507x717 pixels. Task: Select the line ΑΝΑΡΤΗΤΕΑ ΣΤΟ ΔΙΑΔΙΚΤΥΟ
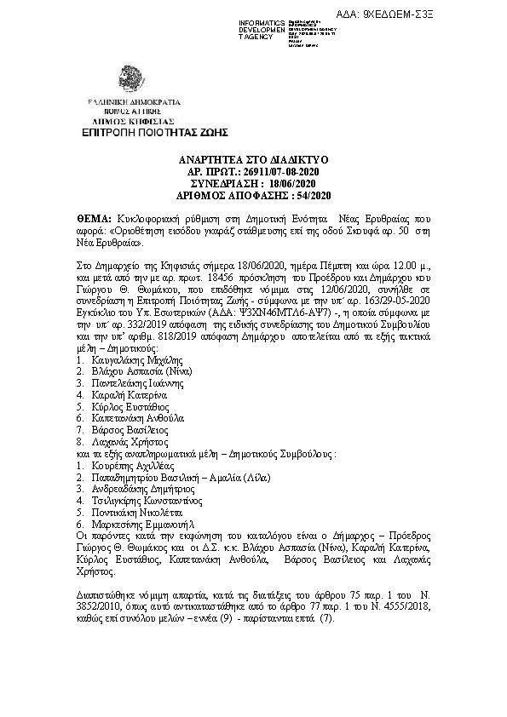pos(254,159)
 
